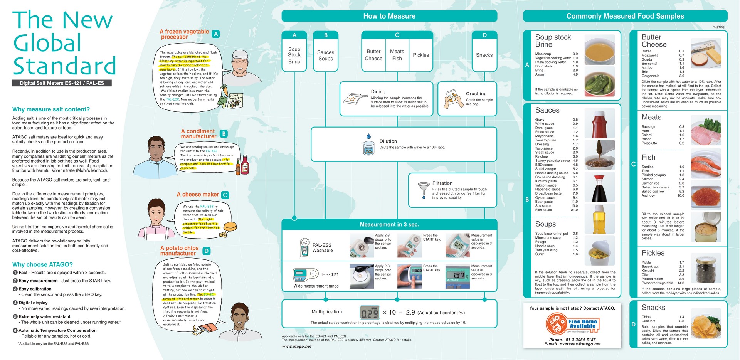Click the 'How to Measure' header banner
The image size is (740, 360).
click(x=389, y=16)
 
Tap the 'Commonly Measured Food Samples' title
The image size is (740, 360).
click(x=625, y=16)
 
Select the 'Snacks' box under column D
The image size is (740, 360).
click(x=484, y=55)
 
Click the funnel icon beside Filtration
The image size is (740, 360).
click(x=424, y=189)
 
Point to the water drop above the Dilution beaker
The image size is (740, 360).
click(x=368, y=136)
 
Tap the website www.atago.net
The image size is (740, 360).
click(x=296, y=347)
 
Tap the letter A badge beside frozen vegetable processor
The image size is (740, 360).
click(x=216, y=34)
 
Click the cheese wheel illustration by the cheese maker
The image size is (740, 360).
click(x=230, y=226)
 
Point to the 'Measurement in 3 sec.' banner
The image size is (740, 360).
click(x=389, y=224)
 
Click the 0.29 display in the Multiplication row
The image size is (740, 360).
click(x=369, y=312)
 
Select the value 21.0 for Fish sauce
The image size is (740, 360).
click(x=574, y=210)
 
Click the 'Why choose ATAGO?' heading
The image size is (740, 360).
click(x=42, y=264)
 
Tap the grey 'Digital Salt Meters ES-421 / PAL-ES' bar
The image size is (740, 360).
click(x=62, y=83)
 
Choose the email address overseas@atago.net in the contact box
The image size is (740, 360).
click(x=572, y=344)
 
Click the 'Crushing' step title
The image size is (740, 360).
click(x=476, y=94)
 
